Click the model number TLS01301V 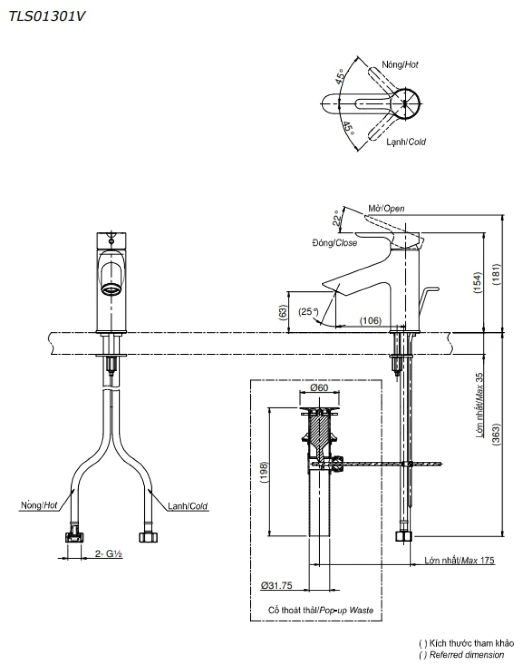(46, 16)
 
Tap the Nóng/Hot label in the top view (400, 65)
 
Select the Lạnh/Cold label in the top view (406, 141)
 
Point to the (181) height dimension (495, 274)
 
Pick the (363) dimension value (495, 435)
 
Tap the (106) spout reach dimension (370, 320)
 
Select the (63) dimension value (282, 312)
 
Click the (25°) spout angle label (308, 311)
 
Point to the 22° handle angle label (336, 218)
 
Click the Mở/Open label (386, 208)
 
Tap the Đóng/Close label (335, 243)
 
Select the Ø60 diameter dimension (319, 388)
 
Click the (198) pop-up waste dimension (263, 472)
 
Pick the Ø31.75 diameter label (276, 585)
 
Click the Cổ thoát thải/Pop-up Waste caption (321, 610)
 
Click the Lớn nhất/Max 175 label (459, 561)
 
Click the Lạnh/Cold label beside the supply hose (188, 506)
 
